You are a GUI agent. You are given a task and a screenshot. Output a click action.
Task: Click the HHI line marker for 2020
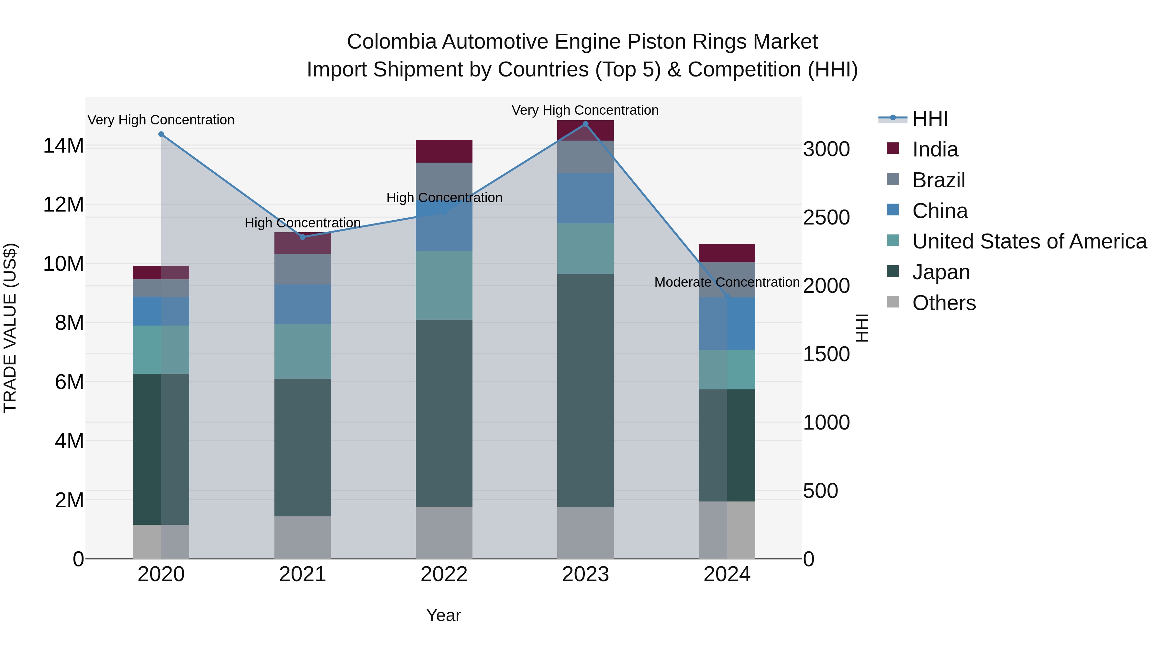pos(161,134)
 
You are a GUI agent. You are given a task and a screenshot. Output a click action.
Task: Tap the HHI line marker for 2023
pos(585,124)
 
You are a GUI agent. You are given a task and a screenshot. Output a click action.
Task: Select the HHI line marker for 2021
pos(303,237)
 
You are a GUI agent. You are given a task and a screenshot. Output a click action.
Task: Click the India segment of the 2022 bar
pos(444,151)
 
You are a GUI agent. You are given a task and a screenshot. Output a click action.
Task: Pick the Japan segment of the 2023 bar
pos(585,390)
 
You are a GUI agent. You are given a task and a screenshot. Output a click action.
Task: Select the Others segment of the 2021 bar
pos(303,537)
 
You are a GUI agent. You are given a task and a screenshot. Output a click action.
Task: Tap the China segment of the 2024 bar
pos(727,324)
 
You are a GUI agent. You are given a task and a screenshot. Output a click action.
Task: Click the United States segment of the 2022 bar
pos(444,285)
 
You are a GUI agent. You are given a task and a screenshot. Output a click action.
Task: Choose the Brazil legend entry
pos(938,180)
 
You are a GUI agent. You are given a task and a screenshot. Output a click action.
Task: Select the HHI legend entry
pos(929,119)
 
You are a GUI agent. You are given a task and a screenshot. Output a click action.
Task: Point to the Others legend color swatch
pos(893,302)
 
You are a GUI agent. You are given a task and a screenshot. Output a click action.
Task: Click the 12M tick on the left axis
pos(63,205)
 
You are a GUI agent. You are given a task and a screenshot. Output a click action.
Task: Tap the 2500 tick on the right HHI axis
pos(826,217)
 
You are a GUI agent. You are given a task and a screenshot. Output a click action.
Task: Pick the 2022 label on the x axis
pos(444,574)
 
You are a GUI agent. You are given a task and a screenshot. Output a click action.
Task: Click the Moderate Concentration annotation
pos(727,282)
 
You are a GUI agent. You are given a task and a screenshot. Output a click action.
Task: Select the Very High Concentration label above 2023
pos(585,110)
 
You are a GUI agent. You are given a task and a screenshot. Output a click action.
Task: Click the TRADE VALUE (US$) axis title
pos(10,328)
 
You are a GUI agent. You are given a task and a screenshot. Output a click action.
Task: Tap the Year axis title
pos(443,615)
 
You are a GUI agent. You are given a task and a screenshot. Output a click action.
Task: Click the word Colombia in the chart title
pos(391,42)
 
